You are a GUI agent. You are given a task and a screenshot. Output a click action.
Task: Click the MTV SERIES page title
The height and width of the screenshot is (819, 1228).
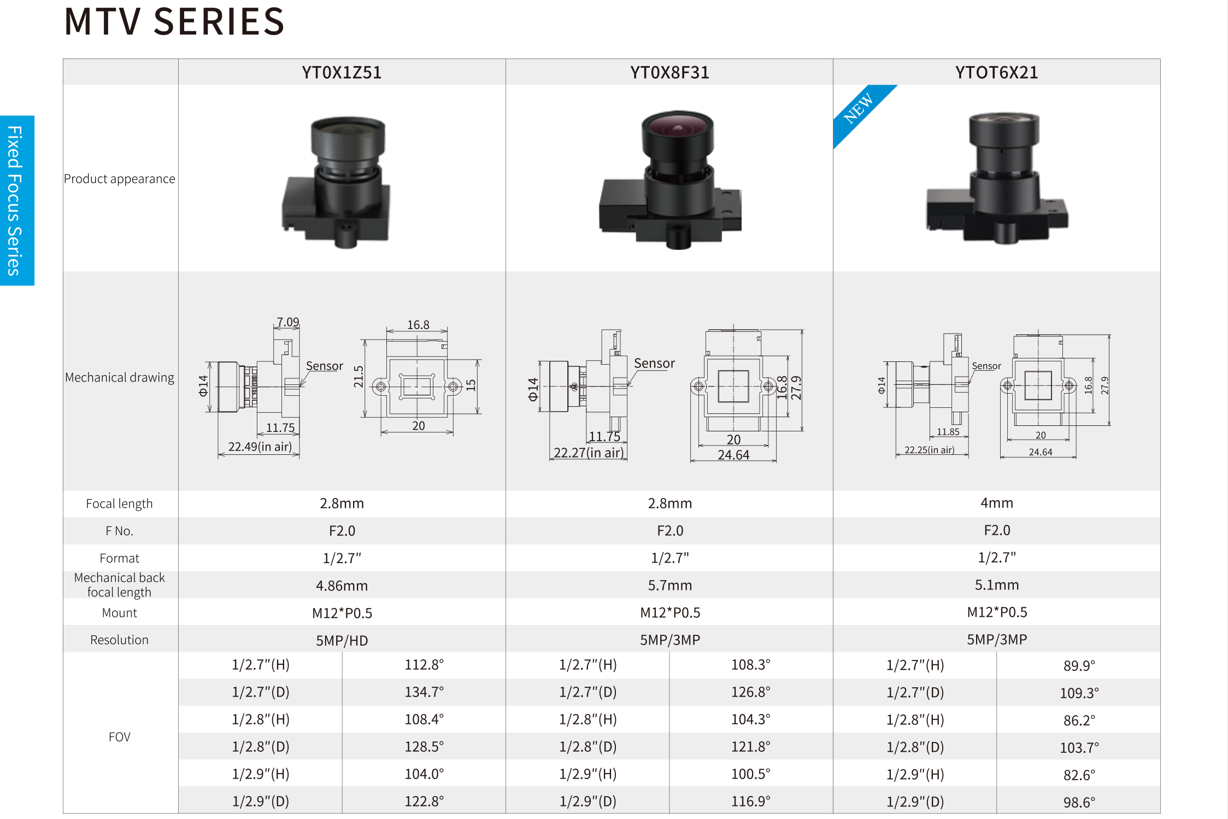pos(174,22)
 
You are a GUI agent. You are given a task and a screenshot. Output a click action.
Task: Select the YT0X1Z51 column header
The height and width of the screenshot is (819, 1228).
pos(342,73)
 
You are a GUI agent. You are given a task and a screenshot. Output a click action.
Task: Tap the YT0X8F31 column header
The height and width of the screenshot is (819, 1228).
pos(669,73)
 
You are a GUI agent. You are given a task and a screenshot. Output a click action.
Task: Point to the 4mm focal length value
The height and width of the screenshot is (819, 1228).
pos(997,503)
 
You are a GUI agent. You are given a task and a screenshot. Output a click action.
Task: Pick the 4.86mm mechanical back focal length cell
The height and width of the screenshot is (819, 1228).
pos(342,586)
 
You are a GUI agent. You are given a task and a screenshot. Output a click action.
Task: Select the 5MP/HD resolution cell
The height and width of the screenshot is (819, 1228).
pos(342,640)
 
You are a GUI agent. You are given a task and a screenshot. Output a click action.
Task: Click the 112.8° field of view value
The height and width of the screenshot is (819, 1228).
pos(424,665)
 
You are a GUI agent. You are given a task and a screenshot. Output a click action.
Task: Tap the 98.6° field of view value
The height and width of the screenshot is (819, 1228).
pos(1079,802)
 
